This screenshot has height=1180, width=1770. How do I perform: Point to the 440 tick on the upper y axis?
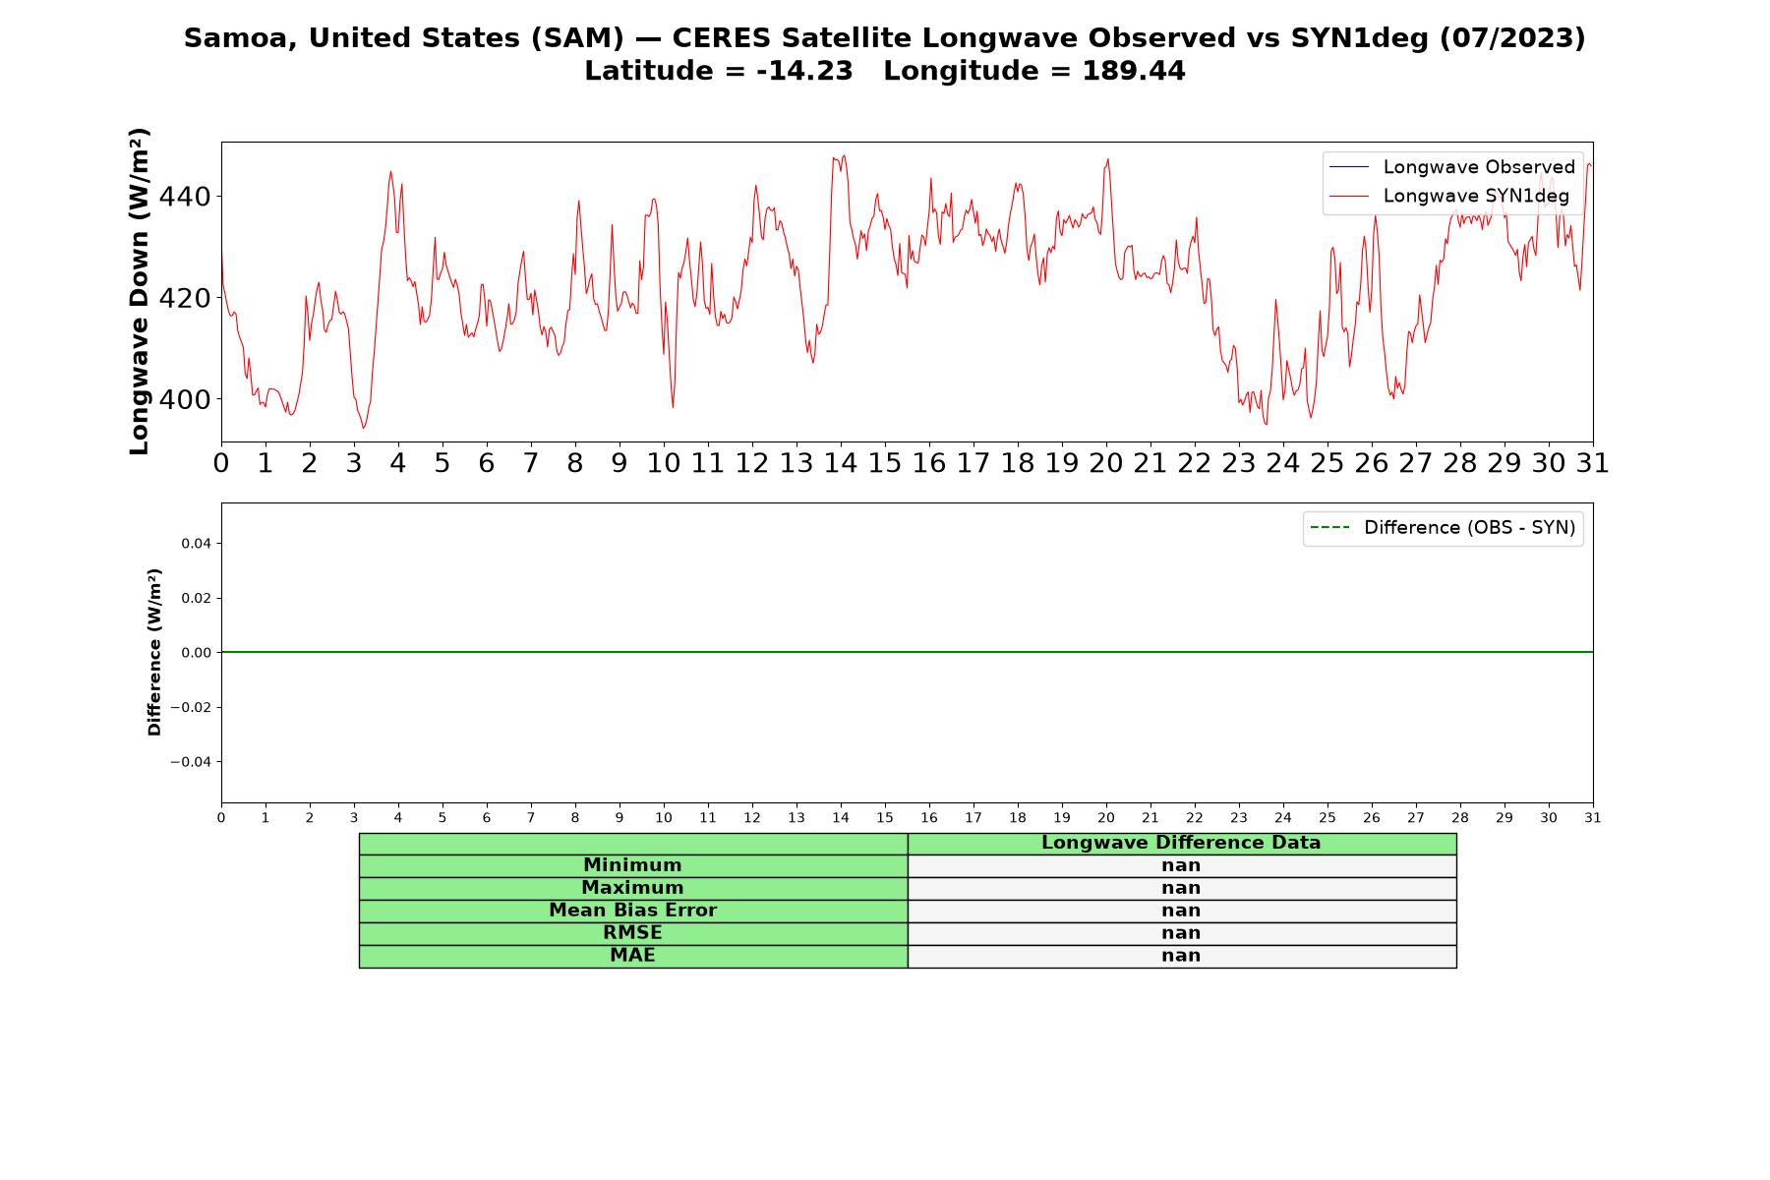coord(185,197)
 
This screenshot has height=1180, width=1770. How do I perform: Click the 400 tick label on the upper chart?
coord(185,399)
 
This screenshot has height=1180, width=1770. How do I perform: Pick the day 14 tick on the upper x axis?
coord(841,463)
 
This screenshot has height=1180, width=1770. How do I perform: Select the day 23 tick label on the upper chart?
coord(1239,463)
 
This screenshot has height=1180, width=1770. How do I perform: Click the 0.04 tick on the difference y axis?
coord(196,544)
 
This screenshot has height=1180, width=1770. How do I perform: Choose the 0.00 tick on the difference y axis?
coord(196,653)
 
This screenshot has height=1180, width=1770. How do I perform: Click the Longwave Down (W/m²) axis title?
coord(139,291)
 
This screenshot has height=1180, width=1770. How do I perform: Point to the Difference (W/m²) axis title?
coord(154,652)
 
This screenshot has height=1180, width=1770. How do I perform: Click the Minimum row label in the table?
coord(632,865)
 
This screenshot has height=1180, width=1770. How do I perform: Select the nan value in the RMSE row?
coord(1181,933)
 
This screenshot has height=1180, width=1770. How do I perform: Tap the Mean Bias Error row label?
coord(632,911)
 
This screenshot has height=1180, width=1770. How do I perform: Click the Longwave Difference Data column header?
coord(1181,843)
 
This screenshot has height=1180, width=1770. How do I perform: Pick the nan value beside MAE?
coord(1181,956)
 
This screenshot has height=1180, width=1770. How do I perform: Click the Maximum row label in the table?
coord(632,888)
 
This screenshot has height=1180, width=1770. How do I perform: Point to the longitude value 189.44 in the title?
coord(1134,71)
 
